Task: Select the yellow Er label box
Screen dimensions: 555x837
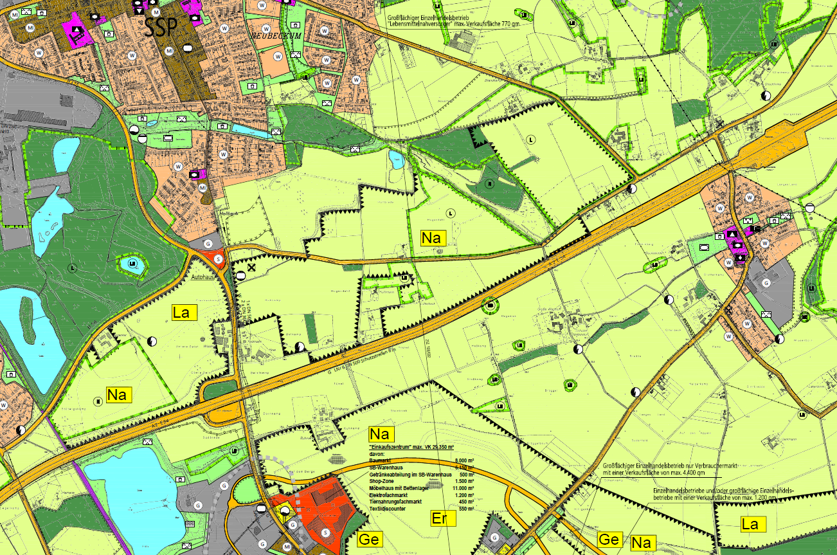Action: coord(440,518)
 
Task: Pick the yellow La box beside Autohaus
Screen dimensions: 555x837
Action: coord(181,313)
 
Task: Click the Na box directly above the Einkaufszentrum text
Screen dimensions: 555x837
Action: coord(381,434)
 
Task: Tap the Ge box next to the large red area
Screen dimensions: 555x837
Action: coord(369,540)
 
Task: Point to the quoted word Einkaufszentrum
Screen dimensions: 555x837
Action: coord(393,447)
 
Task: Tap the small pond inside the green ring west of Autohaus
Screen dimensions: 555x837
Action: coord(131,264)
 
